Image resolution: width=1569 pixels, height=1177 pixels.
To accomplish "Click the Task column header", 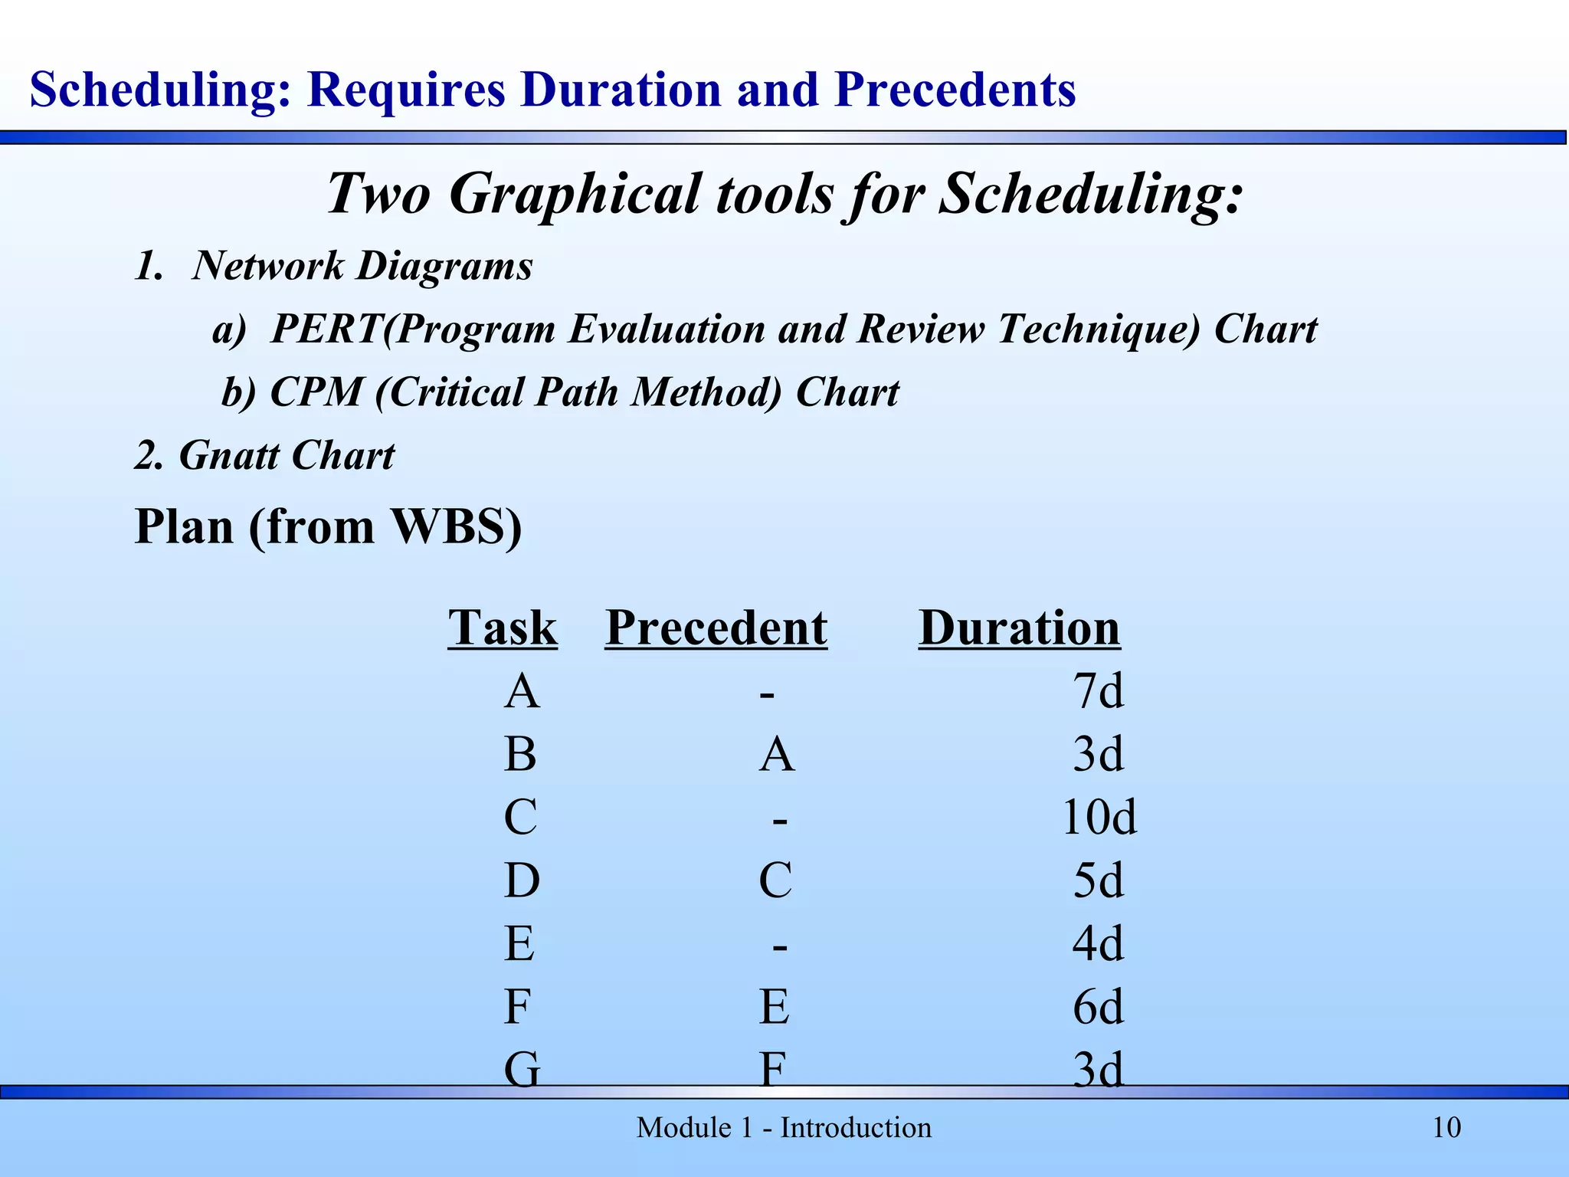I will coord(503,628).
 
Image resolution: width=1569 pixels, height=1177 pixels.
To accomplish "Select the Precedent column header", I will coord(716,628).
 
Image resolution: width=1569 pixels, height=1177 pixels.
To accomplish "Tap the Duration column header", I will coord(1019,628).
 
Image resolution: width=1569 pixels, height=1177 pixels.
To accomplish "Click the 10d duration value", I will coord(1099,818).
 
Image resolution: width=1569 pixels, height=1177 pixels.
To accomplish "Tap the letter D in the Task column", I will coord(522,880).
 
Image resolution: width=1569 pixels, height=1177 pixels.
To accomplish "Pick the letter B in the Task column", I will coord(520,755).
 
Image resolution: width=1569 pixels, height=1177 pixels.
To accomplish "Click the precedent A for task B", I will coord(777,755).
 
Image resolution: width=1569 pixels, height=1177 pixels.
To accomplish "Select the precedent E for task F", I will coord(775,1007).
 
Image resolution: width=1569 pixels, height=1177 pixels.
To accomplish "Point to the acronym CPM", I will coord(316,392).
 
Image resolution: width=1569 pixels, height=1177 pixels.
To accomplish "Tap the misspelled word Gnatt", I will coord(229,456).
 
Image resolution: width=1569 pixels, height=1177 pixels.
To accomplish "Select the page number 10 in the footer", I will coord(1446,1128).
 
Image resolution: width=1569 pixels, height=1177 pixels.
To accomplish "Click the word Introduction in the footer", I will coord(856,1128).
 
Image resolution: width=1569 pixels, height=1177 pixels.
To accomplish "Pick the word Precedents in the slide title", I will coord(955,90).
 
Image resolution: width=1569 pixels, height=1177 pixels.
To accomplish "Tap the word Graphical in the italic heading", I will coord(574,194).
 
